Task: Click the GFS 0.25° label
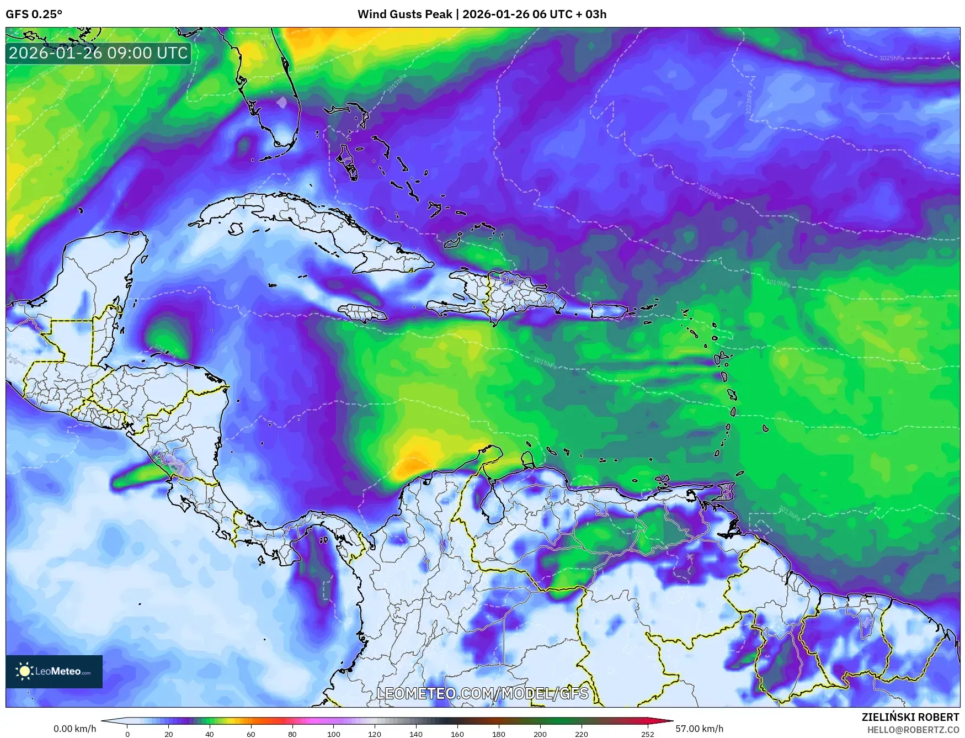click(x=34, y=14)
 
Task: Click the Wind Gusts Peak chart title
click(x=482, y=14)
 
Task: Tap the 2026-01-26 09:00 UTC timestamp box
click(x=98, y=53)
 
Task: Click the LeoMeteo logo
click(x=54, y=671)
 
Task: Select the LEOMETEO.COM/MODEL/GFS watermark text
click(x=482, y=693)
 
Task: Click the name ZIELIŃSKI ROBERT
click(x=910, y=717)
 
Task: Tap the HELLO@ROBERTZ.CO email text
click(x=913, y=730)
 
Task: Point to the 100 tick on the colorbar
click(x=333, y=734)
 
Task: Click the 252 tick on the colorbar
click(x=647, y=734)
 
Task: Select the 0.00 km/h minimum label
click(x=74, y=729)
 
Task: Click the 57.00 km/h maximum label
click(x=699, y=729)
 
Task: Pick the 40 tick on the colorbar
click(x=210, y=734)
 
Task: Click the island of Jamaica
click(x=362, y=314)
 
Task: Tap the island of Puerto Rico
click(x=609, y=311)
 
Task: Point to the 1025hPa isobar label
click(x=891, y=58)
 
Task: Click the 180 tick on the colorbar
click(x=498, y=734)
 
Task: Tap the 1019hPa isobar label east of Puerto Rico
click(x=778, y=283)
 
